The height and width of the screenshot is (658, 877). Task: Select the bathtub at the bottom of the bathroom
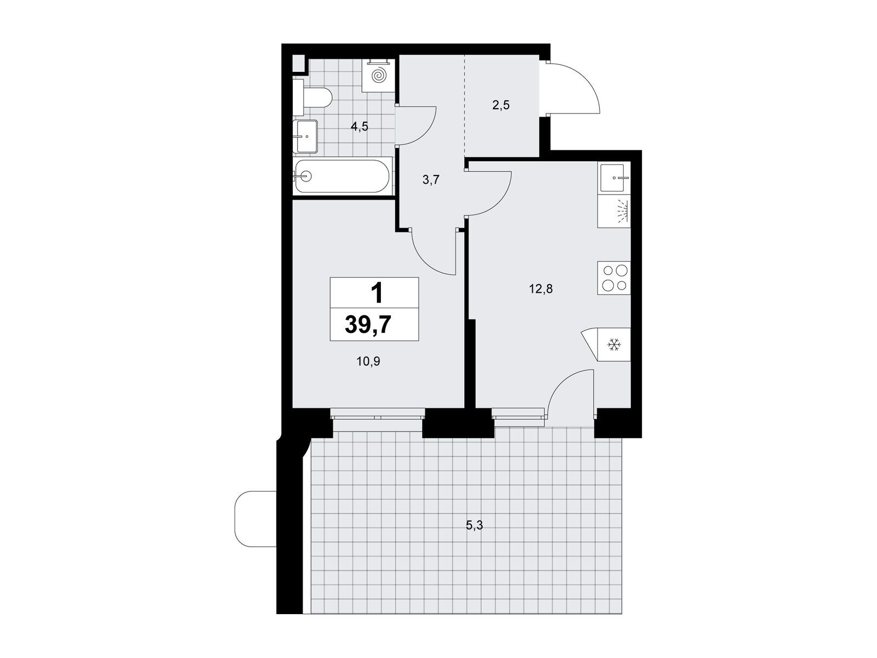pos(342,176)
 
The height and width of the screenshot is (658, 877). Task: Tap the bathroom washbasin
pos(305,136)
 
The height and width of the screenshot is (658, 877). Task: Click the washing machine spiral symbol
pos(378,76)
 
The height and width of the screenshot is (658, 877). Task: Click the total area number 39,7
pos(368,325)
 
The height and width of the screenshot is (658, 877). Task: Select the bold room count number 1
pos(377,293)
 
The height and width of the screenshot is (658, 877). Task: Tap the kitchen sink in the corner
pos(614,178)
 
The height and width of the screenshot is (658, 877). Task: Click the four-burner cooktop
pos(614,277)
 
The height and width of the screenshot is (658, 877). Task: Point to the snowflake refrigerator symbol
pos(614,344)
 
